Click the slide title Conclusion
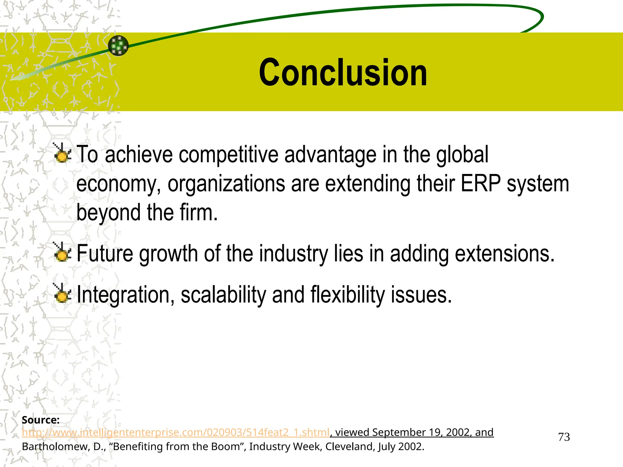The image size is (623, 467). [343, 73]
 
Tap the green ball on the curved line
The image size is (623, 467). [118, 46]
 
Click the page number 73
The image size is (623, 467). [564, 437]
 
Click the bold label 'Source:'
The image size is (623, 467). [40, 420]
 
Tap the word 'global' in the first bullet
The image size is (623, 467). [462, 154]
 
